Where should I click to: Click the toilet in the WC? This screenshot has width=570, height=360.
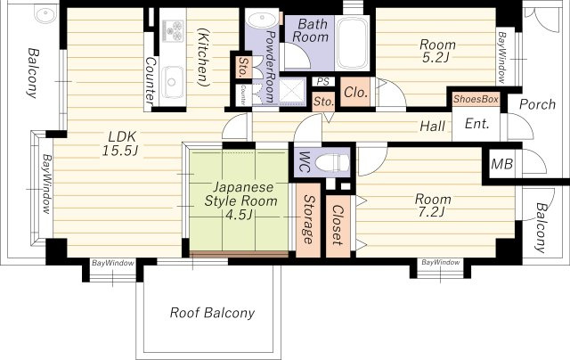click(x=331, y=162)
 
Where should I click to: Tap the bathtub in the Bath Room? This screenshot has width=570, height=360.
click(x=352, y=43)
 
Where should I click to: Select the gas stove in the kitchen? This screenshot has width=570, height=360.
click(x=173, y=30)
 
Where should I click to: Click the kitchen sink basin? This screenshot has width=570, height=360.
click(x=172, y=82)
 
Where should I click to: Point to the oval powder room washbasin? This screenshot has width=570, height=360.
click(x=261, y=19)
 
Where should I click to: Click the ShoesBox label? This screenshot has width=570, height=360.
click(x=476, y=99)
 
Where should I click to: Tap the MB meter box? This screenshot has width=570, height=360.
click(x=501, y=164)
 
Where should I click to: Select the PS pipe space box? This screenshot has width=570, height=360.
click(x=322, y=81)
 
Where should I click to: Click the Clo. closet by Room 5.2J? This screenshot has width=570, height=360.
click(x=356, y=93)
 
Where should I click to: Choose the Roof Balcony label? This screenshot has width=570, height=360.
click(x=212, y=313)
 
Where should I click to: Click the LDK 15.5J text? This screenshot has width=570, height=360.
click(x=119, y=143)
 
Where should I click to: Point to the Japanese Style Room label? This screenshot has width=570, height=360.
click(x=240, y=194)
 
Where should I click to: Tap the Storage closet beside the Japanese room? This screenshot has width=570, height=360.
click(x=308, y=219)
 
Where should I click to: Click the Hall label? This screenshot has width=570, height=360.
click(x=432, y=127)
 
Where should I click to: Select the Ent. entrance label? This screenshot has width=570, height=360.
click(x=477, y=124)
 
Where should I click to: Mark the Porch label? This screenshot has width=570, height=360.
click(x=537, y=104)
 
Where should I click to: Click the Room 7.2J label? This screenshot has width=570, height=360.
click(x=433, y=205)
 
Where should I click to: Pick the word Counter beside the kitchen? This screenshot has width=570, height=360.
click(x=151, y=81)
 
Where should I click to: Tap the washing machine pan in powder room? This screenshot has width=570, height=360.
click(x=292, y=91)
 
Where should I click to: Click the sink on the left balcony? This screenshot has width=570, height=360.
click(x=45, y=14)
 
